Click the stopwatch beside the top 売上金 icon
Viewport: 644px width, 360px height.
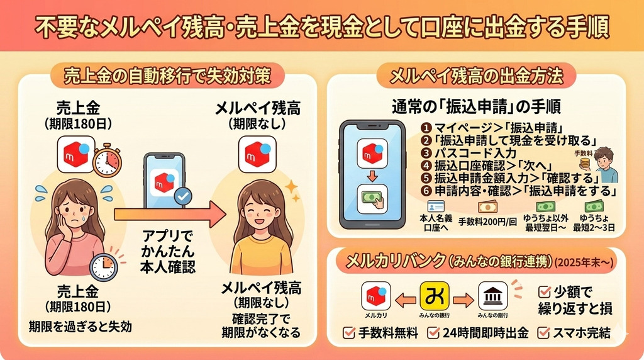pos(106,160)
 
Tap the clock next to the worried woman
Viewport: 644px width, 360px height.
pos(104,266)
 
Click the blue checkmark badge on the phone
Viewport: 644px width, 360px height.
pos(183,196)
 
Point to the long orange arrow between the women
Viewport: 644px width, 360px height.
pos(170,215)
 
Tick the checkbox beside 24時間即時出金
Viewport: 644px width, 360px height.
pos(433,332)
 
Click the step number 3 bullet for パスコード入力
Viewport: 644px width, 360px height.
pos(427,152)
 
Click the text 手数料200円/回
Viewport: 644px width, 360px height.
pos(487,222)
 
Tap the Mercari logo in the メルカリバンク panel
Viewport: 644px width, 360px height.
pos(376,295)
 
